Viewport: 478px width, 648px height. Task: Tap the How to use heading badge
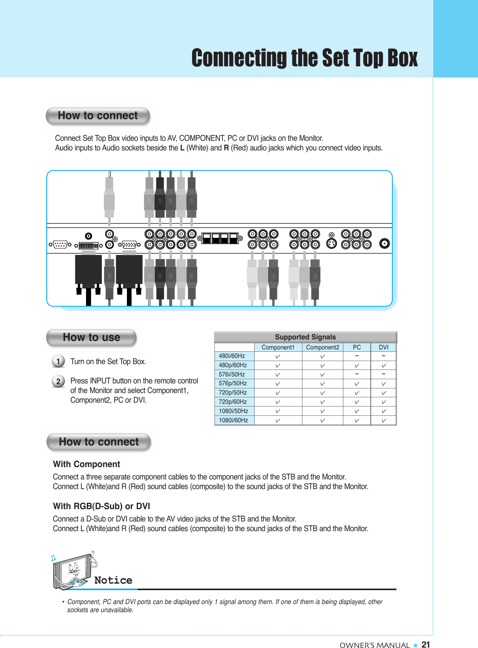click(91, 337)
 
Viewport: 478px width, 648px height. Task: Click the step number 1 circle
click(58, 361)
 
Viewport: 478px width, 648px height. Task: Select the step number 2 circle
click(58, 381)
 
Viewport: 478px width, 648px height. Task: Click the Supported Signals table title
click(305, 337)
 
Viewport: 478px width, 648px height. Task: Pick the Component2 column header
click(323, 348)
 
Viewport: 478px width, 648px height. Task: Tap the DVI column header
click(383, 348)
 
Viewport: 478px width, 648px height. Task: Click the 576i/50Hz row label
click(232, 374)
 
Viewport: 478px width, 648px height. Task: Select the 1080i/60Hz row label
click(233, 420)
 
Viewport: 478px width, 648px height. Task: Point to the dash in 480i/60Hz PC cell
click(357, 356)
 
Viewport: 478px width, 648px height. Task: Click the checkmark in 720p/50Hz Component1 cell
click(277, 393)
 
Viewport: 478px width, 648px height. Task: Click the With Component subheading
click(86, 464)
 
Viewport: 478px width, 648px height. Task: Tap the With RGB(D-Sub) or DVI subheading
click(101, 506)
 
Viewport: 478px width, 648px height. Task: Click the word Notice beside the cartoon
click(113, 580)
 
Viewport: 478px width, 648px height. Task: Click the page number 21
click(426, 644)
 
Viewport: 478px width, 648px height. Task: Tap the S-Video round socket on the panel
click(331, 243)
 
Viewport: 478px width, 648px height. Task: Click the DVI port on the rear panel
click(88, 245)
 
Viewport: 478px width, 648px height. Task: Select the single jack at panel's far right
click(384, 243)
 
